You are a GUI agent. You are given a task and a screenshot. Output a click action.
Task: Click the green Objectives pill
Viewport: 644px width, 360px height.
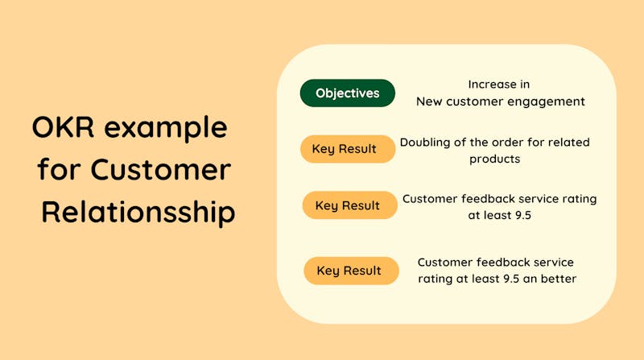point(348,93)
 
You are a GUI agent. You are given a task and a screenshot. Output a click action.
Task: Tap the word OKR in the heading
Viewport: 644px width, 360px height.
point(63,127)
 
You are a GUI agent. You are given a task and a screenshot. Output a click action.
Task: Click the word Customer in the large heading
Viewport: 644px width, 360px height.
point(161,169)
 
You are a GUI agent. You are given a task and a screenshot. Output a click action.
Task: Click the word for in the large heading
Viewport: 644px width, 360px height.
point(59,168)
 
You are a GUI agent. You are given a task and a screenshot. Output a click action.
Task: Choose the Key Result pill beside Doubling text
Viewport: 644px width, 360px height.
point(348,149)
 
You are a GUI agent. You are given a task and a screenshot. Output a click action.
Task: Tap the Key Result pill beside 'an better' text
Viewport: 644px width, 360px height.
point(351,271)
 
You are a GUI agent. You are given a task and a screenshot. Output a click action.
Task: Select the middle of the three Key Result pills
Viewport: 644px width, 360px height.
point(350,205)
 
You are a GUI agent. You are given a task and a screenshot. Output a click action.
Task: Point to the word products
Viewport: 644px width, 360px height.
point(494,159)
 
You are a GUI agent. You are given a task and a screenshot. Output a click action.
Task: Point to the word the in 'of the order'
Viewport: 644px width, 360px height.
point(478,143)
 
